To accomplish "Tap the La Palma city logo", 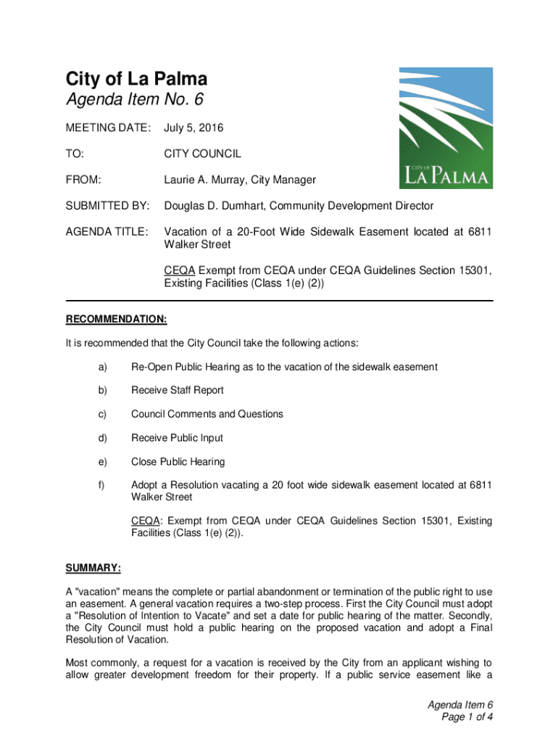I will tap(446, 128).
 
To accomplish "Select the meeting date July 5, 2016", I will tap(193, 128).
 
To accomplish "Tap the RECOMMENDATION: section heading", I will tap(117, 319).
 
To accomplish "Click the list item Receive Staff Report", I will tap(177, 391).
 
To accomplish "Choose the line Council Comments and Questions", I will tap(207, 414).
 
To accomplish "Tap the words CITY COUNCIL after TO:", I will tap(202, 154).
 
